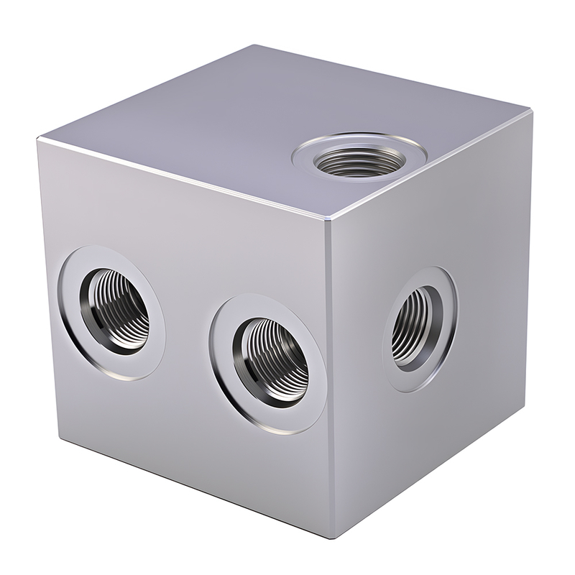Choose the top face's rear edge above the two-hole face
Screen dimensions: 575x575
[144, 93]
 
